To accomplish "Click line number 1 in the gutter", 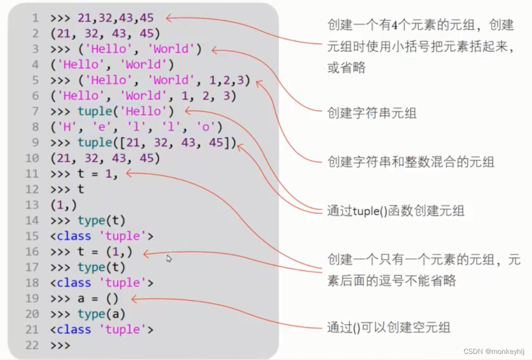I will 35,18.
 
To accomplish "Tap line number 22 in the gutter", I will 32,345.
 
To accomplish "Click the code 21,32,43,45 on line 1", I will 116,18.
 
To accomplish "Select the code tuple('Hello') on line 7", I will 126,112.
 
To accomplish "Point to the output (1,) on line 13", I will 64,205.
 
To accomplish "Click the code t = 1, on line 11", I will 98,174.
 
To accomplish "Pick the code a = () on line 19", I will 98,299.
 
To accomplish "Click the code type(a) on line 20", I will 101,314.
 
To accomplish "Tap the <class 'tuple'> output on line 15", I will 101,236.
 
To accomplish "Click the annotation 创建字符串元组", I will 371,113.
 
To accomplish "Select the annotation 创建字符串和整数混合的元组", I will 410,162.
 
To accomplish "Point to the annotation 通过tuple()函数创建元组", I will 395,210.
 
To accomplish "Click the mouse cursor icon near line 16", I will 169,259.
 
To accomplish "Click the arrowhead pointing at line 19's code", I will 134,299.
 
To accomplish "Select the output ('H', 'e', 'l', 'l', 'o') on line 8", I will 136,127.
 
